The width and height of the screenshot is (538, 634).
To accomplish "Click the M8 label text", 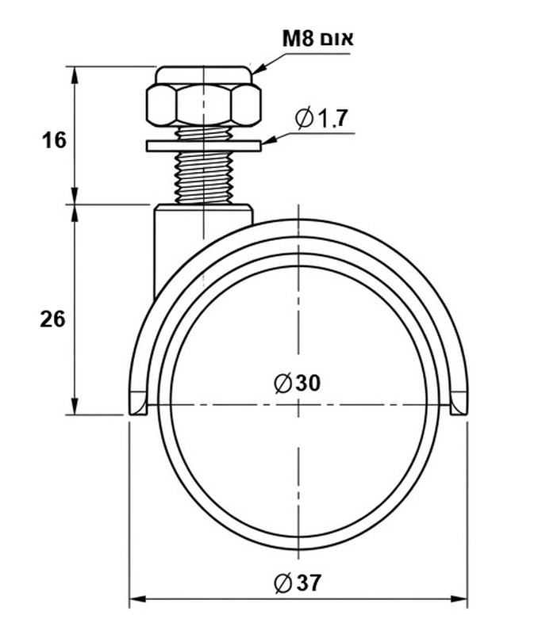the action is (298, 39).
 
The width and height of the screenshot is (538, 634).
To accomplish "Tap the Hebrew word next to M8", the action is (336, 39).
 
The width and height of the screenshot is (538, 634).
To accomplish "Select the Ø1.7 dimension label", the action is (321, 118).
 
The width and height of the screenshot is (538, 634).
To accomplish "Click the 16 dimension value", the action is (54, 140).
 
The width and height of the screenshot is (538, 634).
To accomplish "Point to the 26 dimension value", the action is (52, 319).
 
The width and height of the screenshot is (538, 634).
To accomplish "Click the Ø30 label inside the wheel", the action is (298, 383).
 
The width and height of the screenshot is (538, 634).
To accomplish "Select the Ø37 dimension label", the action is (298, 582).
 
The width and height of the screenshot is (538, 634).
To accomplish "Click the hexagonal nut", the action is (203, 105).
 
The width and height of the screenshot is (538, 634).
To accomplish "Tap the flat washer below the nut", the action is (204, 146).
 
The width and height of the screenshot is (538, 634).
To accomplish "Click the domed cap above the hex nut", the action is (204, 75).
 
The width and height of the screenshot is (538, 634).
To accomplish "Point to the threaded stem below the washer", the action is (204, 178).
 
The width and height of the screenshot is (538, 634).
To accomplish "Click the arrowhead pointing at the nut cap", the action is (259, 68).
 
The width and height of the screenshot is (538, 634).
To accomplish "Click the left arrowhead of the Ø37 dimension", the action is (137, 598).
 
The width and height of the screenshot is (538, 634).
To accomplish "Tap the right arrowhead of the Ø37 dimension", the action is (459, 598).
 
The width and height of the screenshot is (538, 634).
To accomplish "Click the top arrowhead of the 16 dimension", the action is (75, 75).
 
